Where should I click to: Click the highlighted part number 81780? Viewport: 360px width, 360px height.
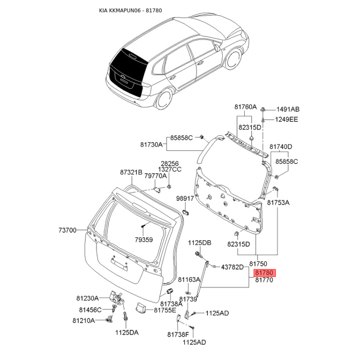coord(264,273)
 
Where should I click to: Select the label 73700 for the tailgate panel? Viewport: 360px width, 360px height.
coord(67,230)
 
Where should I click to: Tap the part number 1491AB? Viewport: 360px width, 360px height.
coord(288,109)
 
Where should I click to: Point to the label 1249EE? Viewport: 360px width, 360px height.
coord(287,119)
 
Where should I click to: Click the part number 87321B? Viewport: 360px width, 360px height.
coord(131,172)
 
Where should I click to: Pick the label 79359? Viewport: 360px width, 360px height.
coord(144,240)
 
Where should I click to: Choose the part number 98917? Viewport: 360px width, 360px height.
coord(185,198)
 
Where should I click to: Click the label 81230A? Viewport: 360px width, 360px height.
coord(87,298)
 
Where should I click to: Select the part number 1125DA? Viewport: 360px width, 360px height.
coord(127,333)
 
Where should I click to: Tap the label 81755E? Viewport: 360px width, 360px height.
coord(165,310)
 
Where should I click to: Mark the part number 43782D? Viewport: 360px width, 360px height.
coord(232,267)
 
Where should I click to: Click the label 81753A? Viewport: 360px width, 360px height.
coord(278,202)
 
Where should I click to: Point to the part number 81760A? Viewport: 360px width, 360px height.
coord(245,107)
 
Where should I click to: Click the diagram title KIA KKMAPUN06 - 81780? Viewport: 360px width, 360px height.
coord(130,10)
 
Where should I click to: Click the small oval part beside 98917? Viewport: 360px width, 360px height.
coord(186,212)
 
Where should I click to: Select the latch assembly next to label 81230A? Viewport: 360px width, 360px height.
coord(117,297)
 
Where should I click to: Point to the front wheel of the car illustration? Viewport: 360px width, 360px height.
coord(234,59)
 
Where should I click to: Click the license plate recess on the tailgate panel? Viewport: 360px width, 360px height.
coord(119,264)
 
